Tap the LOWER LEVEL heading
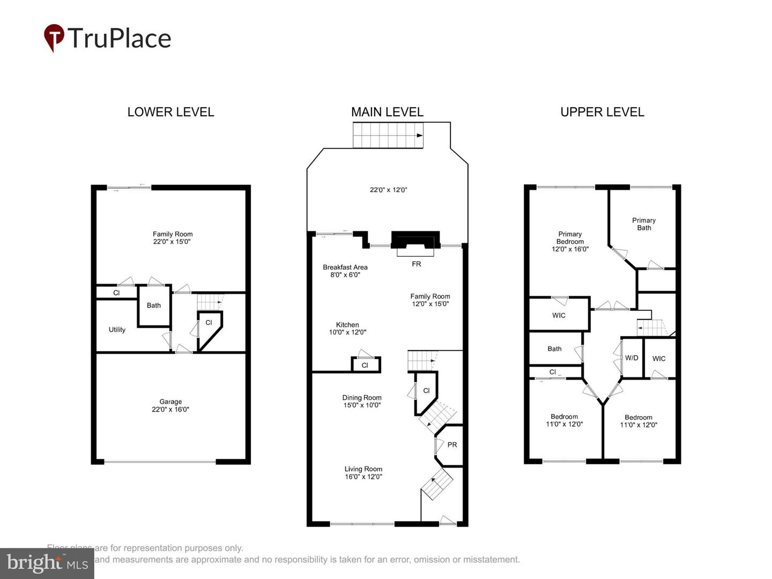170,112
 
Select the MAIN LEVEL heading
387,112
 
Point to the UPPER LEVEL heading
602,112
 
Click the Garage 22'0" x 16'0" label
170,405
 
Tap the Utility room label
117,330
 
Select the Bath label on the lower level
154,306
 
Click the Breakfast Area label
345,271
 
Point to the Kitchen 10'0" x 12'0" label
347,328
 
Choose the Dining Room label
362,401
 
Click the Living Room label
363,472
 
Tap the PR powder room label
452,444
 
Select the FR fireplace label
416,264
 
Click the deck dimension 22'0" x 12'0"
389,190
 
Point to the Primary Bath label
644,224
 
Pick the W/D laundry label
632,358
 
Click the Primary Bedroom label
570,241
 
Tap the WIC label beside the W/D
659,359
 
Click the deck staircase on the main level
388,135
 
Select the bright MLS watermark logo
47,563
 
